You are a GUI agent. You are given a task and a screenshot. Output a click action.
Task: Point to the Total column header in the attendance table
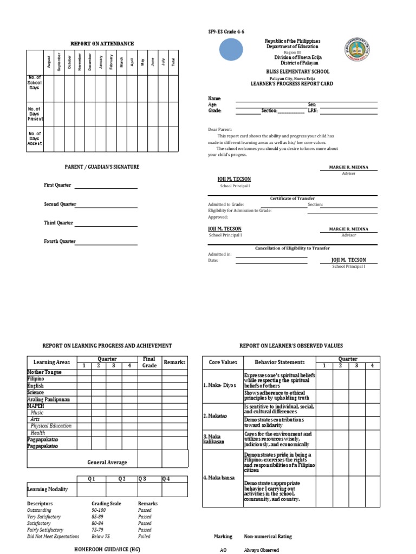point(173,63)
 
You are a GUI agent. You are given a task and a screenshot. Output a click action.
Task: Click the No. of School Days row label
point(35,84)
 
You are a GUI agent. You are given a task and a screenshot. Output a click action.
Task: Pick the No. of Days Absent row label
point(35,138)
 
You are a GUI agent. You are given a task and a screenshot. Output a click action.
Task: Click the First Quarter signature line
point(106,188)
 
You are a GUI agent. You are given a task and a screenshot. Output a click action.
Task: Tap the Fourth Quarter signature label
point(60,241)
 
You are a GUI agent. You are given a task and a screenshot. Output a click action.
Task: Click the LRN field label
point(313,110)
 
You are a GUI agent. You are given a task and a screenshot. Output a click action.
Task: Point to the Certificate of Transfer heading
point(292,199)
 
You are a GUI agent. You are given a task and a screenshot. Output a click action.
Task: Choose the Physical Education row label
point(51,426)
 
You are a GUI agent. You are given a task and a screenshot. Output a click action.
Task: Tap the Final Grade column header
point(149,362)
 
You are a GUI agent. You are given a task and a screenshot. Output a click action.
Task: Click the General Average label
point(107,463)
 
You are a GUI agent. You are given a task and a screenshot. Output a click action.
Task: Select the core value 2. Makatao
point(214,416)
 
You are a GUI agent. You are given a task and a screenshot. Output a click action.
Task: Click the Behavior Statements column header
point(279,362)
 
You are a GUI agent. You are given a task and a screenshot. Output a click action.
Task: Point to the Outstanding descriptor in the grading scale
point(40,510)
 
